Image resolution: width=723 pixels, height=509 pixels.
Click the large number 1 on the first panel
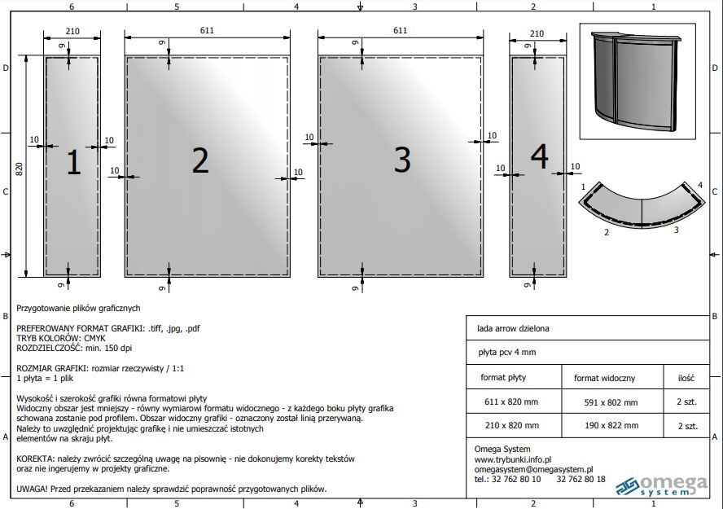click(74, 162)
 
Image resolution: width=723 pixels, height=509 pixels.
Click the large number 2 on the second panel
click(200, 160)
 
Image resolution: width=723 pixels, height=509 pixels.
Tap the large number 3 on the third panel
click(402, 160)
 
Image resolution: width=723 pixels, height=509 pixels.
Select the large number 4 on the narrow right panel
click(540, 156)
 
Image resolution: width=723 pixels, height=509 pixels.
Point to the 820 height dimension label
click(20, 169)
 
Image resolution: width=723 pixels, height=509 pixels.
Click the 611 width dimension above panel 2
click(207, 30)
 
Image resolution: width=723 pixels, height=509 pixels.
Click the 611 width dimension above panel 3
click(401, 30)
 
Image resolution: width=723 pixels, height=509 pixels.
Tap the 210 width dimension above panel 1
click(72, 31)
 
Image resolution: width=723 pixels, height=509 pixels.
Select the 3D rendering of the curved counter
click(637, 81)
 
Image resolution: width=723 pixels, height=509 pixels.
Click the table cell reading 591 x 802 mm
click(611, 402)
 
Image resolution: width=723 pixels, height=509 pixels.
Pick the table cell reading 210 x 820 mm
click(512, 426)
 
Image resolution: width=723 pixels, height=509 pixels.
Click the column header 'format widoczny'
click(604, 379)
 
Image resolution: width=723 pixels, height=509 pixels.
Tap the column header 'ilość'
click(686, 378)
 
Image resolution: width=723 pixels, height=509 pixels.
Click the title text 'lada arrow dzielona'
click(513, 329)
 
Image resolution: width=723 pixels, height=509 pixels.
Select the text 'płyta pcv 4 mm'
click(506, 353)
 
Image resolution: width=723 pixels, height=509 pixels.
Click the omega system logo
click(661, 486)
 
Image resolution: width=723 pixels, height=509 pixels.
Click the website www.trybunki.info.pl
click(513, 459)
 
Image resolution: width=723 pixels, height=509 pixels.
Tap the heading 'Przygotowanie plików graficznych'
click(78, 309)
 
